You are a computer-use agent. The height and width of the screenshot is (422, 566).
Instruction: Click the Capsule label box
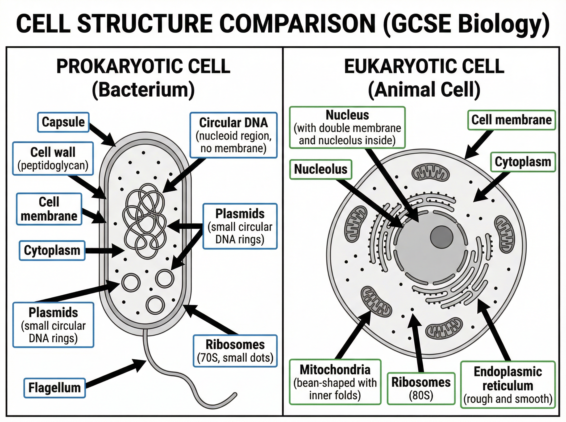click(x=63, y=122)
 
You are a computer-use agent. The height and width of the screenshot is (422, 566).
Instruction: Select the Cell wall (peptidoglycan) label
click(x=53, y=159)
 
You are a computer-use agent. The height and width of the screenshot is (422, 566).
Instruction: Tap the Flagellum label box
click(x=54, y=388)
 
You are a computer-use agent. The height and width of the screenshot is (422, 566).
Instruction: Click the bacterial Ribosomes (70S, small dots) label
click(x=235, y=351)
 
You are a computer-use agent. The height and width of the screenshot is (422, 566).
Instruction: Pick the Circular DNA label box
click(x=233, y=135)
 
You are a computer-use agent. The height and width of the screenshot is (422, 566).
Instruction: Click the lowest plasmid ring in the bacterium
click(x=155, y=305)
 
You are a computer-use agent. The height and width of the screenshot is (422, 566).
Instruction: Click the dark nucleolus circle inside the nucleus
click(x=441, y=236)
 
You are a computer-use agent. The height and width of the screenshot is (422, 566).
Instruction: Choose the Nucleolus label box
click(x=321, y=169)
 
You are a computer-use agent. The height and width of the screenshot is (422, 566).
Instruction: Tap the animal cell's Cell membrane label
click(x=512, y=120)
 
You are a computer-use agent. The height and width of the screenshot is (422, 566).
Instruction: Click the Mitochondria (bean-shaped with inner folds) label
click(x=335, y=382)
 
